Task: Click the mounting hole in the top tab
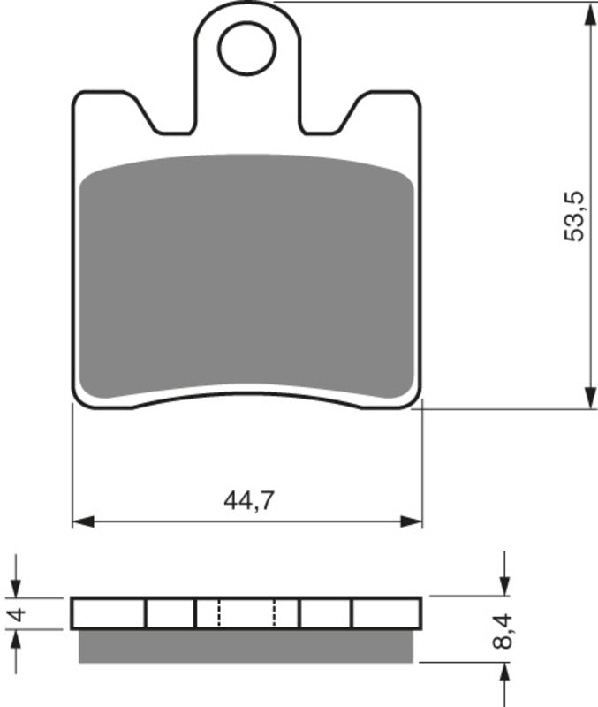[246, 49]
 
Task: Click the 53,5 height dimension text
[575, 216]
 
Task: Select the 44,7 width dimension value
[246, 501]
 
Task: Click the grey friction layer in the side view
[246, 646]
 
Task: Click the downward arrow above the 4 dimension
[15, 587]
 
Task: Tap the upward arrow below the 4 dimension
[15, 640]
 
